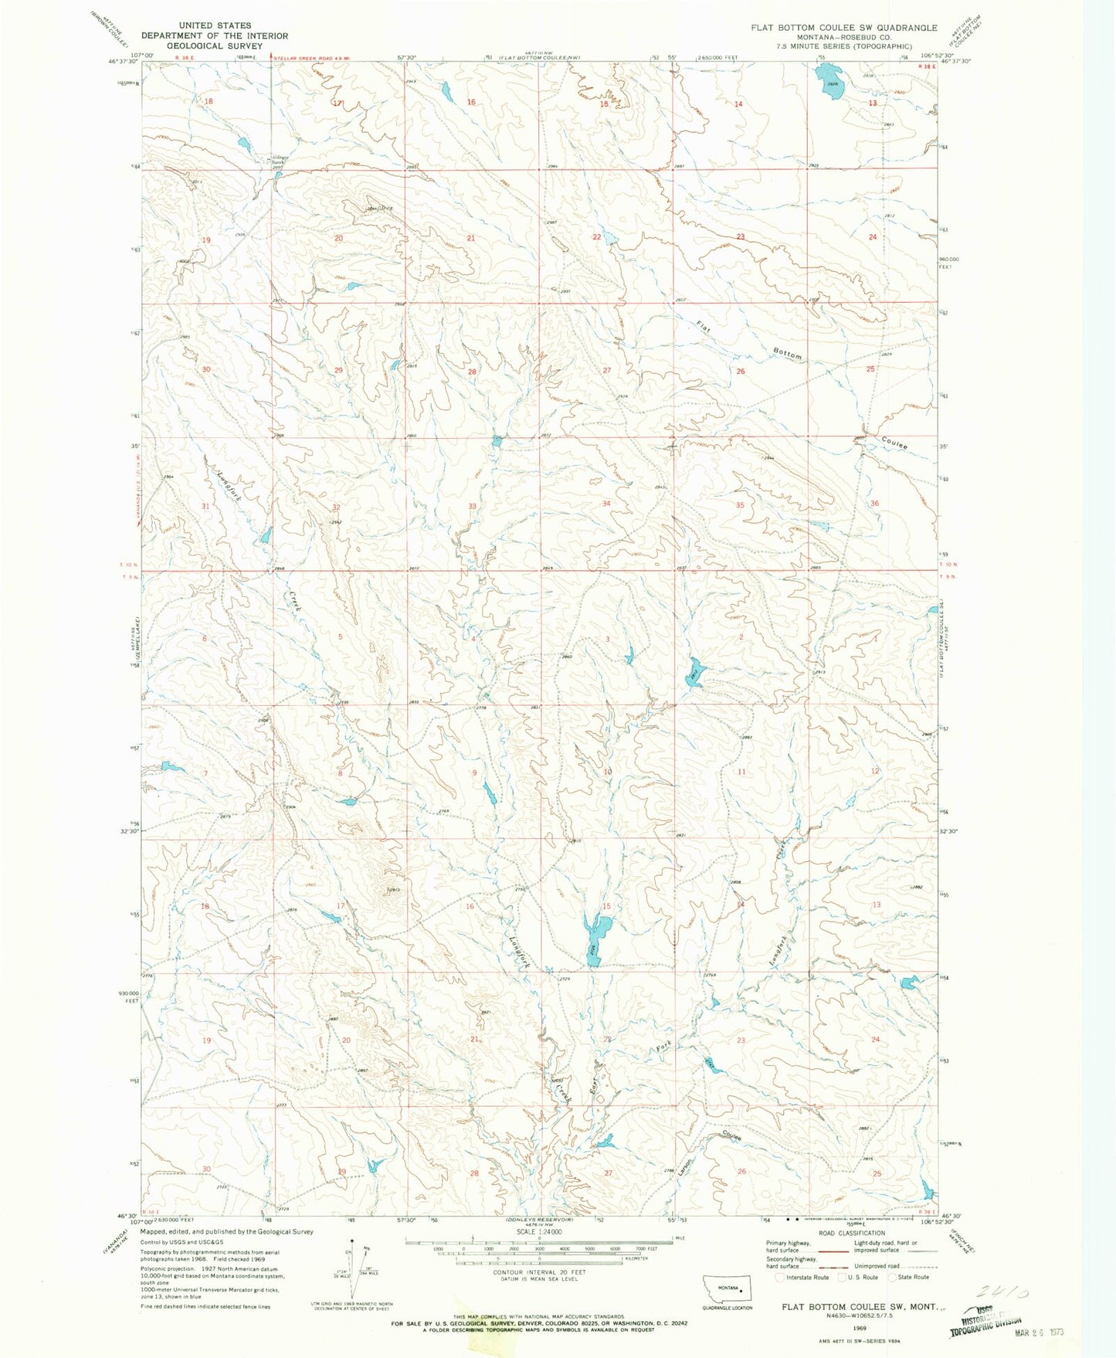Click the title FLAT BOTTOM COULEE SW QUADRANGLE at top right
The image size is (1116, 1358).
click(x=843, y=27)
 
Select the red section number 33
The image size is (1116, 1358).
click(x=472, y=506)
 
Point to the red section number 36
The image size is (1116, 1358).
click(x=874, y=503)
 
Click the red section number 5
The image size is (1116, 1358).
click(x=340, y=636)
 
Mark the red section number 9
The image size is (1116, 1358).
click(x=474, y=773)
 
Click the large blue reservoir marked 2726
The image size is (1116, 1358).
click(x=597, y=935)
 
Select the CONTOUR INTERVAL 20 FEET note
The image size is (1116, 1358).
click(x=538, y=1271)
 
